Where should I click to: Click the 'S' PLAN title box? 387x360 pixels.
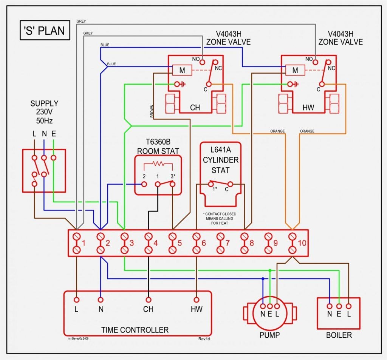click(x=45, y=30)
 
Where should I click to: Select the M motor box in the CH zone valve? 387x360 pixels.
click(x=182, y=70)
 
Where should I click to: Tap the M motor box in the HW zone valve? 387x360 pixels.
click(x=295, y=70)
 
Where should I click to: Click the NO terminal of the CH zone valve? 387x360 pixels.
click(x=203, y=62)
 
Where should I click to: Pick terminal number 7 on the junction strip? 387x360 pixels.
click(x=220, y=243)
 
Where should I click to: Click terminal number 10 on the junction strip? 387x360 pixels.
click(x=292, y=243)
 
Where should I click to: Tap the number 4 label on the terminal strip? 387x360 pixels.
click(x=155, y=243)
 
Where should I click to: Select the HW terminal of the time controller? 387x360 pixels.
click(x=197, y=300)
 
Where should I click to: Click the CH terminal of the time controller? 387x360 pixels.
click(x=148, y=300)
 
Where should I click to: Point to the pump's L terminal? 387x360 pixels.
click(x=277, y=306)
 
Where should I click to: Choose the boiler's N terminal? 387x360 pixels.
click(x=330, y=306)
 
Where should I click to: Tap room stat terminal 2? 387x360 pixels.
click(x=144, y=184)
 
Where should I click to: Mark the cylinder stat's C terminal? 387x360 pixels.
click(x=230, y=184)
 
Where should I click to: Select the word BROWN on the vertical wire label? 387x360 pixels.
click(x=152, y=111)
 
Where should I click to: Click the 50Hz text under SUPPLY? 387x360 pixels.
click(x=45, y=121)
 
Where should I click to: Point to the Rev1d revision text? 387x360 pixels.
click(x=204, y=339)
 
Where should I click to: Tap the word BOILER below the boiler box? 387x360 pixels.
click(x=339, y=335)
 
